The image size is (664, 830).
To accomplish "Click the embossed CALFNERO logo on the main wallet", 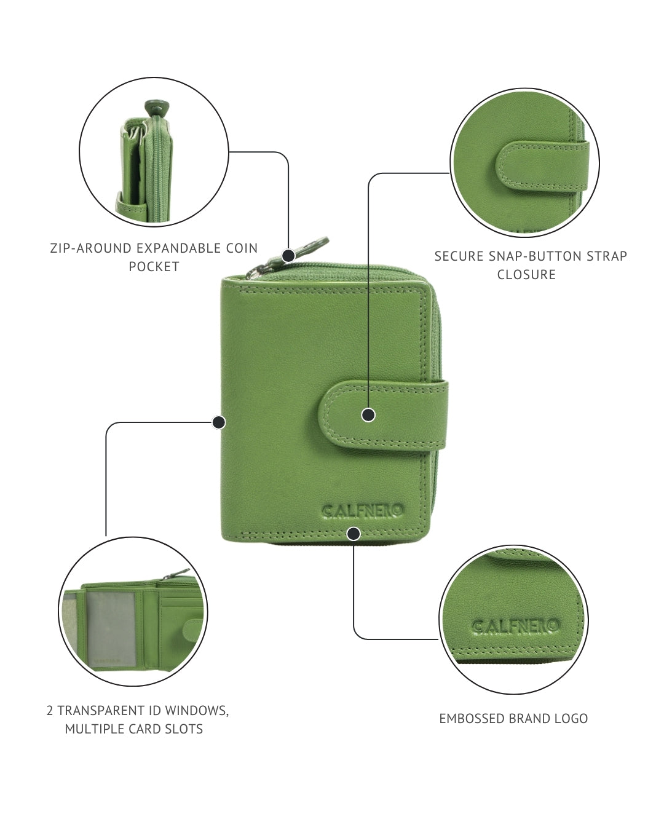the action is pos(363,512).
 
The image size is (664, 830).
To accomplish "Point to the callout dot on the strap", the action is pos(368,415).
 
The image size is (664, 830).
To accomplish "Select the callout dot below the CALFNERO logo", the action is pos(354,534).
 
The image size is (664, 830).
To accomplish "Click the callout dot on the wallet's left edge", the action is pos(219,422).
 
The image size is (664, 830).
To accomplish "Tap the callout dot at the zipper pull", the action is pos(288,255).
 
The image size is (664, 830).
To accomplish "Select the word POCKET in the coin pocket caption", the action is pos(154,266).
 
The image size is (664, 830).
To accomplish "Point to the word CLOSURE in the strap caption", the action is pos(526,275).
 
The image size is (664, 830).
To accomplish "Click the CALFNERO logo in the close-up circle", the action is pos(516,625).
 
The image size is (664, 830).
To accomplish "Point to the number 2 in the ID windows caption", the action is pos(50,711).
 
